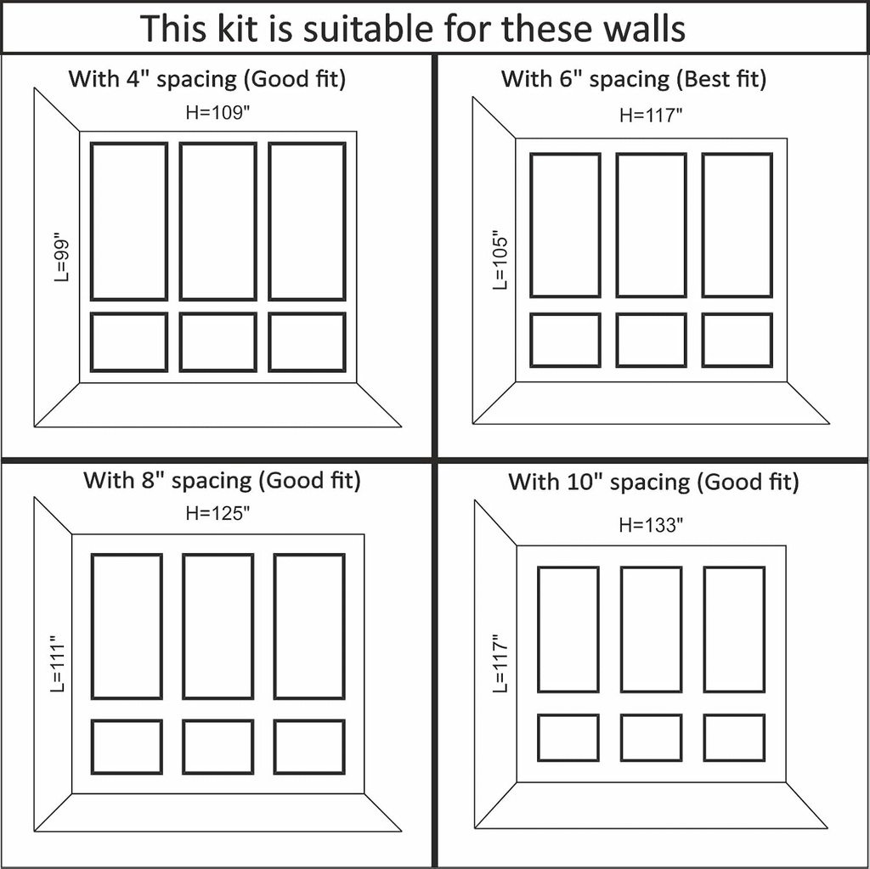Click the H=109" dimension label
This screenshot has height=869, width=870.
point(217,113)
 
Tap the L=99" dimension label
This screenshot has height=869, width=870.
point(61,260)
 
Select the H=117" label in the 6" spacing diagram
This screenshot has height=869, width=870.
point(651,116)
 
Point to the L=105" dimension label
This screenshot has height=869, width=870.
point(500,259)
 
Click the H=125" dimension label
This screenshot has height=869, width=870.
point(217,513)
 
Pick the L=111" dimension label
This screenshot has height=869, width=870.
point(58,663)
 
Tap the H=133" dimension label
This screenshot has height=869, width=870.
point(651,525)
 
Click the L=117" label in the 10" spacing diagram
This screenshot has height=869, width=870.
point(500,663)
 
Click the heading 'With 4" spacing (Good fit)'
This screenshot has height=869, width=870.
point(207,79)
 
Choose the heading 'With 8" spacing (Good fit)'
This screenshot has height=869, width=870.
point(222,481)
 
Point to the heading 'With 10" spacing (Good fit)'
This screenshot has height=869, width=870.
point(653,482)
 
